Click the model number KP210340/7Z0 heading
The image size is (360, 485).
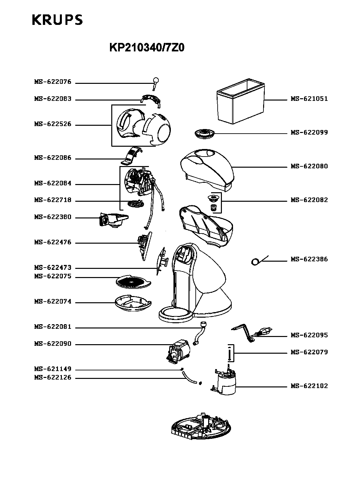pyautogui.click(x=147, y=48)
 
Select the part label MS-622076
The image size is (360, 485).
pyautogui.click(x=53, y=82)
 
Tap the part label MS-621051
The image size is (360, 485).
pyautogui.click(x=309, y=99)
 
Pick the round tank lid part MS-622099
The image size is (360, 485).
pyautogui.click(x=204, y=133)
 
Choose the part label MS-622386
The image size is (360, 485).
pyautogui.click(x=309, y=259)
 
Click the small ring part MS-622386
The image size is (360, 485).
pyautogui.click(x=255, y=262)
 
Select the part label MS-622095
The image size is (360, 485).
pyautogui.click(x=309, y=335)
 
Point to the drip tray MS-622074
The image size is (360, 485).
pyautogui.click(x=133, y=303)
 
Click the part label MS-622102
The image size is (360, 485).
pyautogui.click(x=309, y=386)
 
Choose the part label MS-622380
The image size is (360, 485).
pyautogui.click(x=53, y=217)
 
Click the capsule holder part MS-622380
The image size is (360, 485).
pyautogui.click(x=113, y=220)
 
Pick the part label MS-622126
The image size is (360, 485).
pyautogui.click(x=53, y=378)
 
